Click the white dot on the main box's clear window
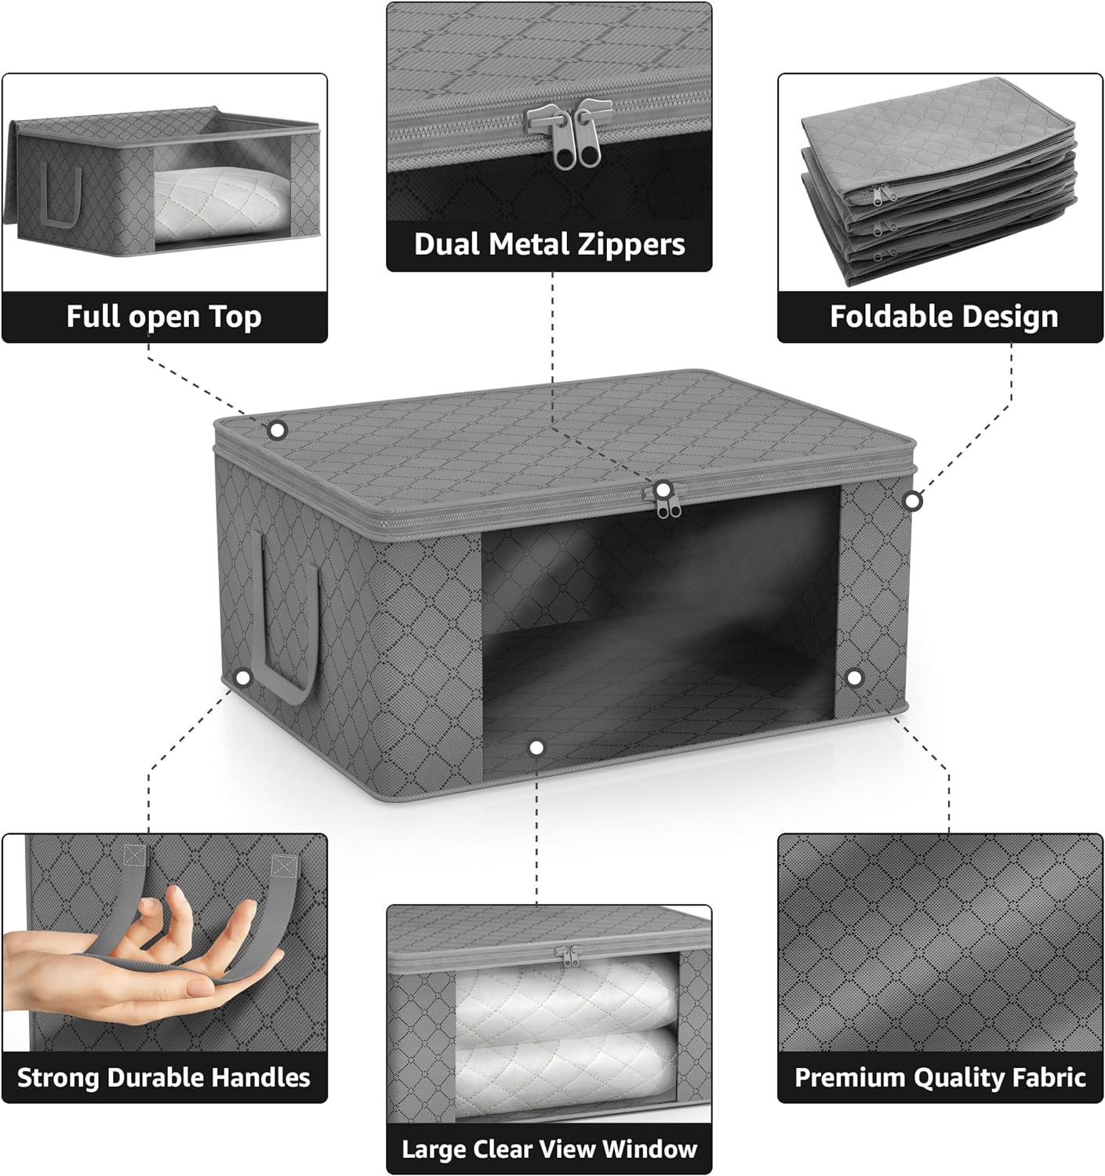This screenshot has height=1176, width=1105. pos(536,748)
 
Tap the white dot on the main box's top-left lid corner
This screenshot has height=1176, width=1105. pos(277,430)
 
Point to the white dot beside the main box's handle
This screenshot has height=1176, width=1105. pos(243,677)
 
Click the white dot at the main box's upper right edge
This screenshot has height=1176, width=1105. pos(912,500)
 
